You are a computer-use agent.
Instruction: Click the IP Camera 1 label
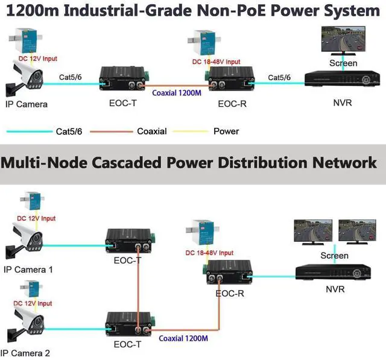tap(28, 270)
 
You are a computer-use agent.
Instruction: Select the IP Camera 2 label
tap(28, 353)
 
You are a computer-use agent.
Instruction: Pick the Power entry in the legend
tap(226, 131)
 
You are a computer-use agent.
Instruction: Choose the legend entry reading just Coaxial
tap(152, 131)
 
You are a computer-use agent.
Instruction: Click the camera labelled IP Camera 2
tap(27, 323)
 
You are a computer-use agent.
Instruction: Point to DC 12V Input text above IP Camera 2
tap(33, 303)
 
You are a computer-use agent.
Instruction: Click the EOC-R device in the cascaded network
tap(228, 274)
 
